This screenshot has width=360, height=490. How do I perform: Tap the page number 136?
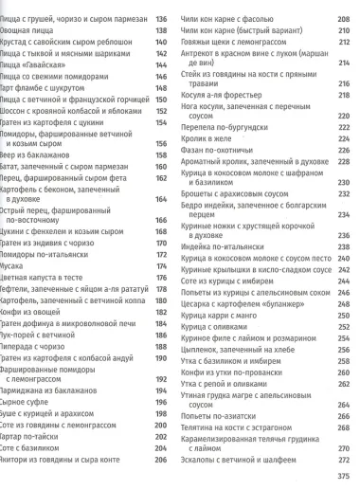[159, 18]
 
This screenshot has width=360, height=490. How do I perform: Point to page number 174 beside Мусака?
[159, 266]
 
